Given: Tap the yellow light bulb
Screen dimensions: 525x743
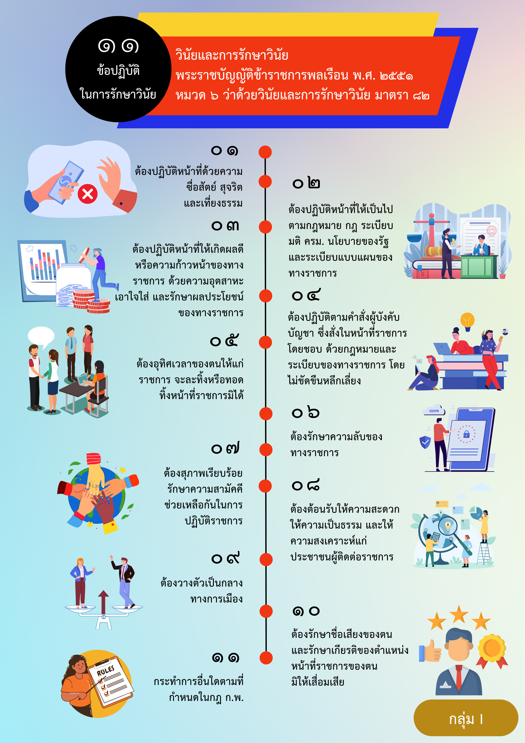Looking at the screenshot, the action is pyautogui.click(x=467, y=321).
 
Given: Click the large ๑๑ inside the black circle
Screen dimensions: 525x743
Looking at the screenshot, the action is pyautogui.click(x=118, y=46).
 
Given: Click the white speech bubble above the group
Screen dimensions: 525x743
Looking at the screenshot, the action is pyautogui.click(x=41, y=337).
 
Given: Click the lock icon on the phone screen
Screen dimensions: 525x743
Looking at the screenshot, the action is pyautogui.click(x=466, y=434).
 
